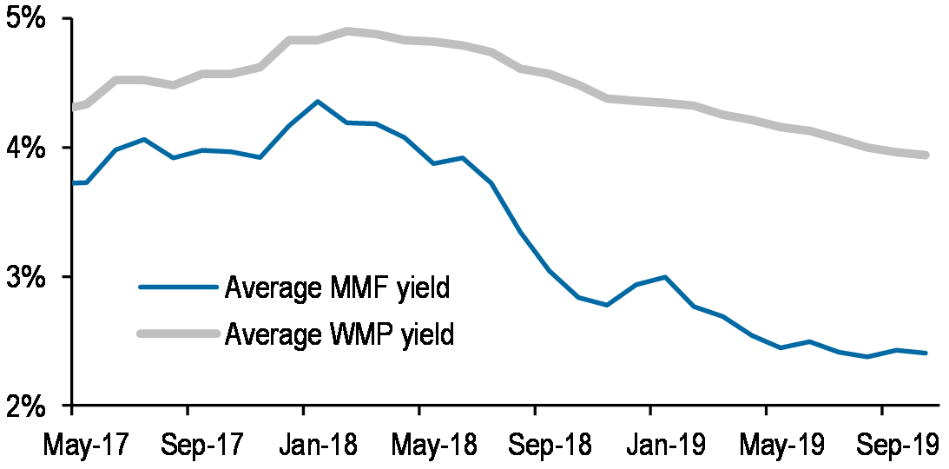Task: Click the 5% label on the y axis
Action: click(x=32, y=19)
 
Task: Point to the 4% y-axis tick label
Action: click(x=32, y=148)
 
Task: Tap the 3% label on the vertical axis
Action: click(x=32, y=277)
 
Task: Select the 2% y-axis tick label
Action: click(x=32, y=406)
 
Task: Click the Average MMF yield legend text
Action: click(x=337, y=287)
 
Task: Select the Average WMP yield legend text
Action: click(x=339, y=333)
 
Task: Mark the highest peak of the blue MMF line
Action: click(x=317, y=102)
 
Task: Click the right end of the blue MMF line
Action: click(x=926, y=353)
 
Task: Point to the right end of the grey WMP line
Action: click(x=926, y=155)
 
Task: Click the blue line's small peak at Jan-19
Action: click(x=664, y=277)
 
